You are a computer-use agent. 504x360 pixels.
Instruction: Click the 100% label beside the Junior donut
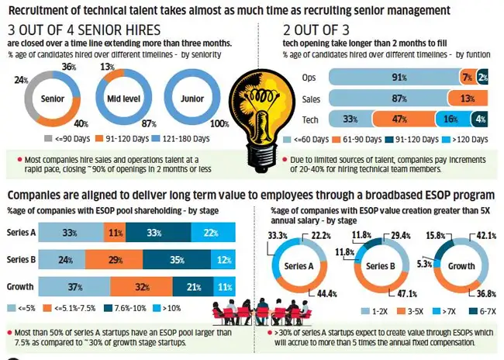[x=219, y=124]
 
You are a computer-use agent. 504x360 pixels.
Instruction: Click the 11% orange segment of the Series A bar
[x=115, y=232]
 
